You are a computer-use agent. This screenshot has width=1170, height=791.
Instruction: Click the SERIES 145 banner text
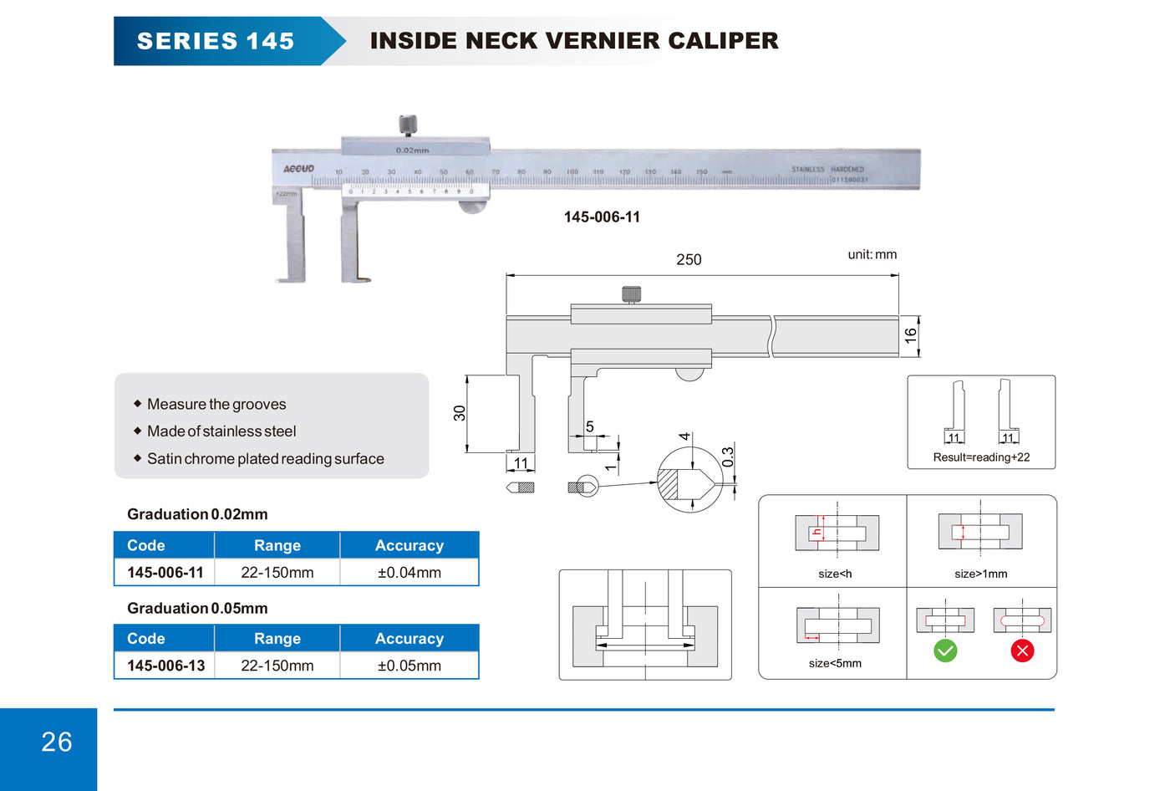coord(216,41)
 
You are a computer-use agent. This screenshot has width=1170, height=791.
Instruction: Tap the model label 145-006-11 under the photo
coord(602,217)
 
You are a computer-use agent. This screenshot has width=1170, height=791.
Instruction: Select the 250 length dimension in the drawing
coord(689,260)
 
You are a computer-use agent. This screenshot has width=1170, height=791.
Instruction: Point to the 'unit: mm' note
coord(872,254)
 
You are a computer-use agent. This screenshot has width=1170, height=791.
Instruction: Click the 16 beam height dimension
coord(910,336)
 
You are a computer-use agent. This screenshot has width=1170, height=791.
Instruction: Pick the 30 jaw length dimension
coord(460,413)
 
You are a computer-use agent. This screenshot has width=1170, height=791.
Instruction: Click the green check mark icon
coord(945,651)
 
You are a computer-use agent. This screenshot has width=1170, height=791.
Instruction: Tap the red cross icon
coord(1022,651)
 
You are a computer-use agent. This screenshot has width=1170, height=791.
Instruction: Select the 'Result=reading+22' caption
coord(981,457)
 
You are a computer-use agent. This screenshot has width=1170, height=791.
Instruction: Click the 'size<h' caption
coord(835,574)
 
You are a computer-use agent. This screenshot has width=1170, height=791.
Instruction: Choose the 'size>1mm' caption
coord(980,574)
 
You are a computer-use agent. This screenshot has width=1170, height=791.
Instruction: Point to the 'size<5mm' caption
coord(835,663)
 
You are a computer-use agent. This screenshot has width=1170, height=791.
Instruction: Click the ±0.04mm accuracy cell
coord(409,573)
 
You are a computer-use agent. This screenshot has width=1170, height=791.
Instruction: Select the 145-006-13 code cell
coord(165,666)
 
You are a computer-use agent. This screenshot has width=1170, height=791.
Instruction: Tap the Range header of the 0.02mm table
coord(277,545)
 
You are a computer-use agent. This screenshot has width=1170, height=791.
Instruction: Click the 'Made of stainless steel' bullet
coord(221,431)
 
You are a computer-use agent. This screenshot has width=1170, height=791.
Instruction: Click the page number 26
coord(57,742)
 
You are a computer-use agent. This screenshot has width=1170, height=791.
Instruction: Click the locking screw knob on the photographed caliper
coord(408,125)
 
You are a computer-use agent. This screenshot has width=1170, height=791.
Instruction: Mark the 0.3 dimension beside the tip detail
coord(728,457)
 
